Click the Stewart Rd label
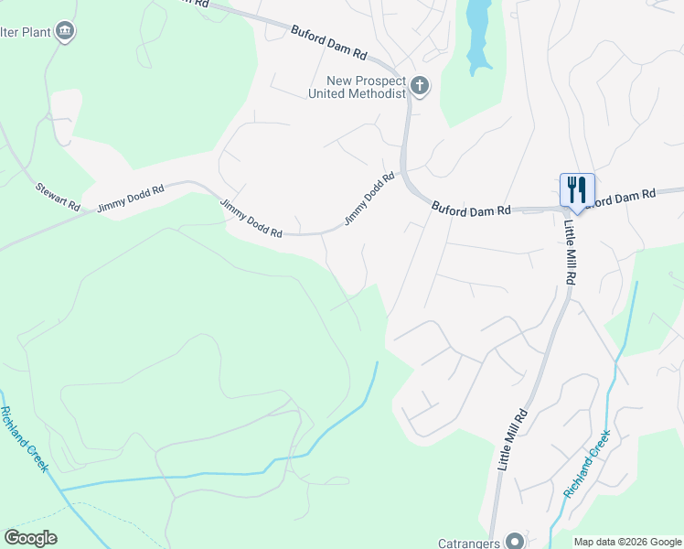pyautogui.click(x=58, y=198)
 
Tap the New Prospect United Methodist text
pyautogui.click(x=357, y=87)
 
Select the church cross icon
pyautogui.click(x=420, y=87)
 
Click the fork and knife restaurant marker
pyautogui.click(x=576, y=190)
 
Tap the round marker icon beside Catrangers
pyautogui.click(x=514, y=540)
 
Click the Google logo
pyautogui.click(x=30, y=538)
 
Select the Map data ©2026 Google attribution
pyautogui.click(x=627, y=541)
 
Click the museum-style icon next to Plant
pyautogui.click(x=64, y=32)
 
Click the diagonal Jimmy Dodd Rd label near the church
pyautogui.click(x=369, y=199)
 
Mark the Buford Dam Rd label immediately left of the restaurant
pyautogui.click(x=471, y=210)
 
